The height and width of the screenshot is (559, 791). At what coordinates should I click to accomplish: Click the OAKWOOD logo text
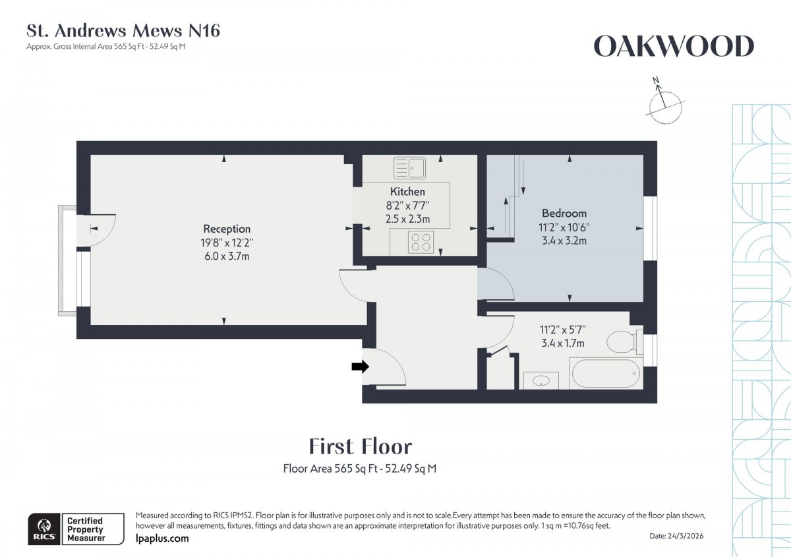pyautogui.click(x=674, y=47)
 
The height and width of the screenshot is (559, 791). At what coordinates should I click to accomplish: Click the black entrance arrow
pyautogui.click(x=360, y=367)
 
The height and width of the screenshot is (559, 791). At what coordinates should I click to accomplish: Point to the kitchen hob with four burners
pyautogui.click(x=421, y=243)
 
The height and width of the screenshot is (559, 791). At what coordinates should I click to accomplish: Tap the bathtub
pyautogui.click(x=605, y=374)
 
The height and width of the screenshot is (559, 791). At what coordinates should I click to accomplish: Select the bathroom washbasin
pyautogui.click(x=541, y=380)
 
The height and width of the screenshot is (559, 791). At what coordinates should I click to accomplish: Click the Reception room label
pyautogui.click(x=226, y=229)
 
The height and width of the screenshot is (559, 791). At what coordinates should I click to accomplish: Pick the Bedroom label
pyautogui.click(x=564, y=214)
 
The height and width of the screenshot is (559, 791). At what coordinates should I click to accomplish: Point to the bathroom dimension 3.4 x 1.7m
pyautogui.click(x=563, y=343)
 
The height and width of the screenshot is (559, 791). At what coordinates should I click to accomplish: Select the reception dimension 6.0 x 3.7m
pyautogui.click(x=226, y=256)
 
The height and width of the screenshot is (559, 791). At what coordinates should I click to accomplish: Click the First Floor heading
pyautogui.click(x=361, y=447)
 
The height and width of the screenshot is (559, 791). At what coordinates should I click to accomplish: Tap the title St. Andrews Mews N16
pyautogui.click(x=123, y=30)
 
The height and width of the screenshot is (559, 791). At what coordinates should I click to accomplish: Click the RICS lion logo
pyautogui.click(x=44, y=528)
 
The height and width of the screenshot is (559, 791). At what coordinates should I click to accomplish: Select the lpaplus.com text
pyautogui.click(x=161, y=539)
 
